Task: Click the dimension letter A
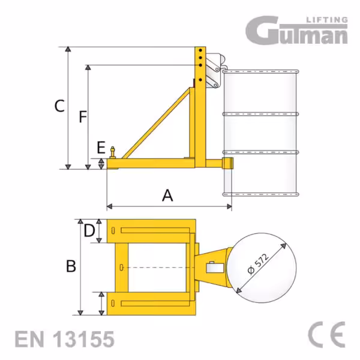[167, 195]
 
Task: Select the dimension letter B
[71, 266]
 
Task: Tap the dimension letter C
[59, 106]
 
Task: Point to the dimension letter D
[89, 230]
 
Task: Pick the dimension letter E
[101, 148]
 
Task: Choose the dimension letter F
[83, 116]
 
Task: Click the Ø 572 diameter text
[258, 264]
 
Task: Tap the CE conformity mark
[327, 335]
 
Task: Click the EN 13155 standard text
[65, 339]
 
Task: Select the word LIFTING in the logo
[327, 20]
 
